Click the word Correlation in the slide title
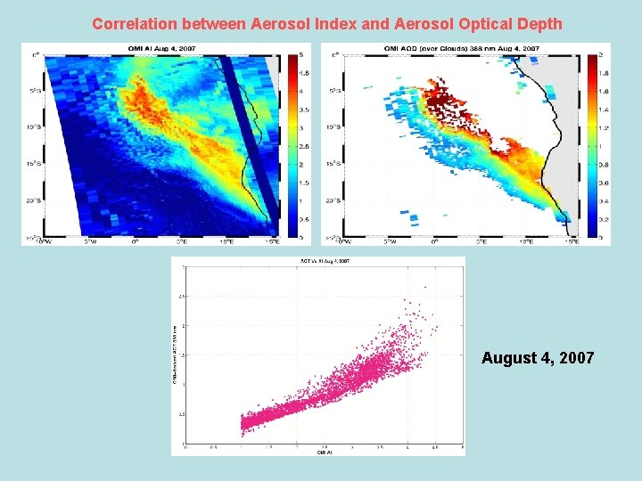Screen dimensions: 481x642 (x=132, y=24)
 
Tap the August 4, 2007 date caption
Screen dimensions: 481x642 (x=537, y=358)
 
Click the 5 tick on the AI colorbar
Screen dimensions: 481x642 (x=303, y=55)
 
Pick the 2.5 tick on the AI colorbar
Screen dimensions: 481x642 (x=303, y=146)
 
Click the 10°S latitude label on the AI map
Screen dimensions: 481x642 (x=34, y=127)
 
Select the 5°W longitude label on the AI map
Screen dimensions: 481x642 (x=89, y=241)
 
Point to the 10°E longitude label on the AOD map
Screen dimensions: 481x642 (x=527, y=241)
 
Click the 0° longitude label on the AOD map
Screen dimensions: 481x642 (x=435, y=241)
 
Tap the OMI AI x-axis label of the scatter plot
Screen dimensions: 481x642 (x=323, y=452)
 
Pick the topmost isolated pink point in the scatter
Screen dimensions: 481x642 (x=424, y=287)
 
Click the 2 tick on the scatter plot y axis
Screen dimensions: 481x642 (x=183, y=326)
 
